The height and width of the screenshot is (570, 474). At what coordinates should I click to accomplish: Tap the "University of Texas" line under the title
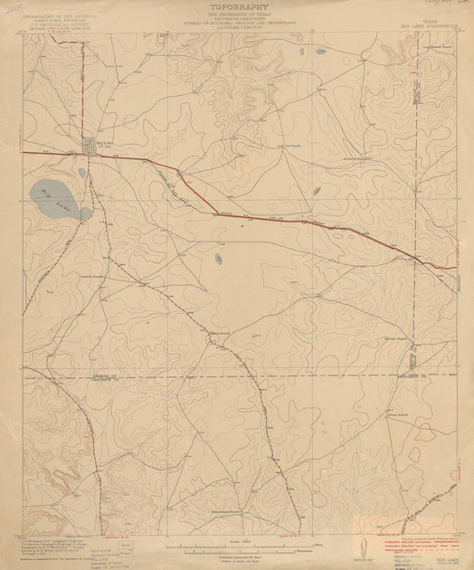tap(237, 16)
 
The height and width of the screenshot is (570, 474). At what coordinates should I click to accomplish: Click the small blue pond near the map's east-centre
tap(317, 191)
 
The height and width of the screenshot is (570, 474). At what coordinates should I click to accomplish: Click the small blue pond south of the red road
tap(218, 259)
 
